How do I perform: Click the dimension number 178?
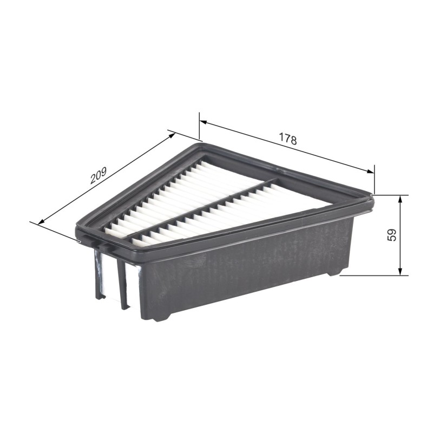(288, 139)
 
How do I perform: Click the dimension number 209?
(98, 175)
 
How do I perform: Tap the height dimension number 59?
(392, 235)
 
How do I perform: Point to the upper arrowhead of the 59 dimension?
(400, 200)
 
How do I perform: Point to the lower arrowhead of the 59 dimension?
(400, 270)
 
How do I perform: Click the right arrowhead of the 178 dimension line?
(370, 171)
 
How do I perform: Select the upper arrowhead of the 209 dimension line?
(171, 136)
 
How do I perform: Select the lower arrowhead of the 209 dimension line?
(42, 221)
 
